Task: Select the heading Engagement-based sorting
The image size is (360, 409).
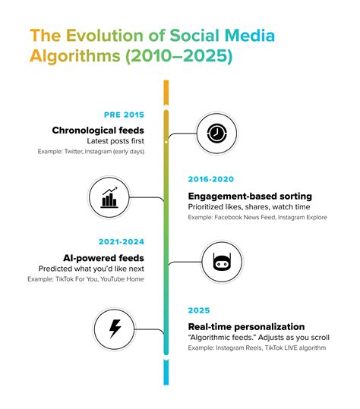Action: click(x=250, y=196)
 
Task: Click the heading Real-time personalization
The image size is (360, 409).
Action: click(x=249, y=326)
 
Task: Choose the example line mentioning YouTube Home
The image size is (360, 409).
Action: click(x=96, y=280)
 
